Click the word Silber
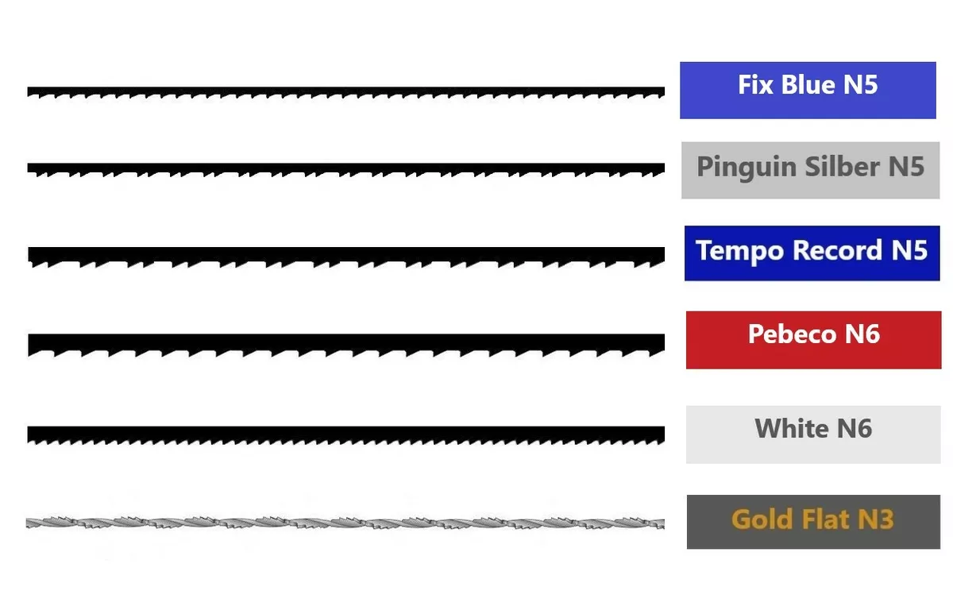point(843,166)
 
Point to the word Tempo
point(739,251)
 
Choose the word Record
point(837,249)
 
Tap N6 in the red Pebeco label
point(862,334)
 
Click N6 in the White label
point(855,428)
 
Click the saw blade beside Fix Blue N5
point(346,92)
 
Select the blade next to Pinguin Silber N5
point(346,169)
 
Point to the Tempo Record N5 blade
point(346,256)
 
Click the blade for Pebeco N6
point(346,344)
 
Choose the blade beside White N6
point(346,434)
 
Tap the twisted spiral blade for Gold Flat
point(345,523)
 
